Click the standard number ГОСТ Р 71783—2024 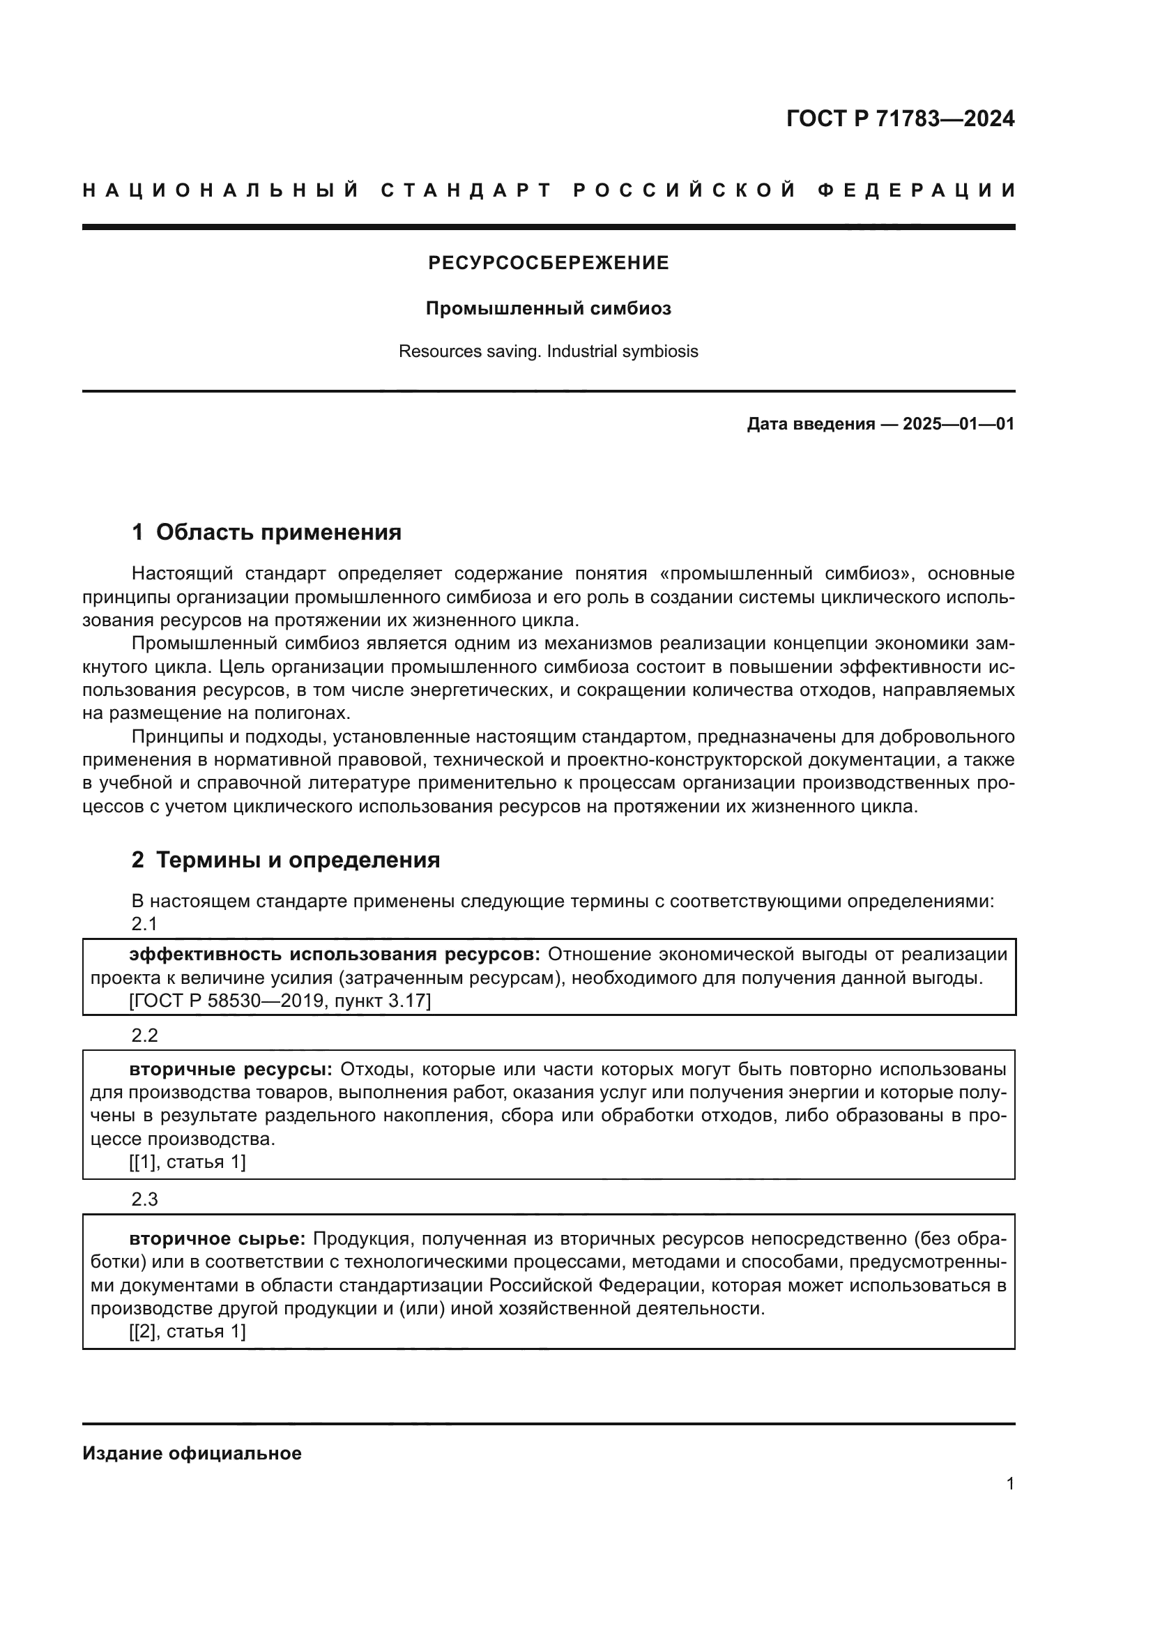click(x=900, y=119)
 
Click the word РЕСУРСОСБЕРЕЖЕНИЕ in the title click(x=548, y=264)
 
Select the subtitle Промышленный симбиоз click(x=548, y=309)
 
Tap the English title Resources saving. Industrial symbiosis click(x=548, y=351)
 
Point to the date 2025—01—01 click(x=959, y=425)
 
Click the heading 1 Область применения click(x=266, y=532)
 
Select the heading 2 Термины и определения click(x=285, y=860)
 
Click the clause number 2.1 click(x=144, y=923)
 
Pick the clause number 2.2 click(x=144, y=1036)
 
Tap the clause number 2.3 click(x=144, y=1200)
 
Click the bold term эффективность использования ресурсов click(x=335, y=955)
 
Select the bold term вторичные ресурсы click(x=231, y=1069)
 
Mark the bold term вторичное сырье click(x=217, y=1239)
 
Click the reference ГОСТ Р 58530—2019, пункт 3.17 click(x=280, y=1001)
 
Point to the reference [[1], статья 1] click(x=188, y=1163)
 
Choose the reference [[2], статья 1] click(x=188, y=1332)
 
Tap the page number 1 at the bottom click(x=1009, y=1484)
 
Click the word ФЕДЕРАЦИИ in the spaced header click(x=917, y=190)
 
